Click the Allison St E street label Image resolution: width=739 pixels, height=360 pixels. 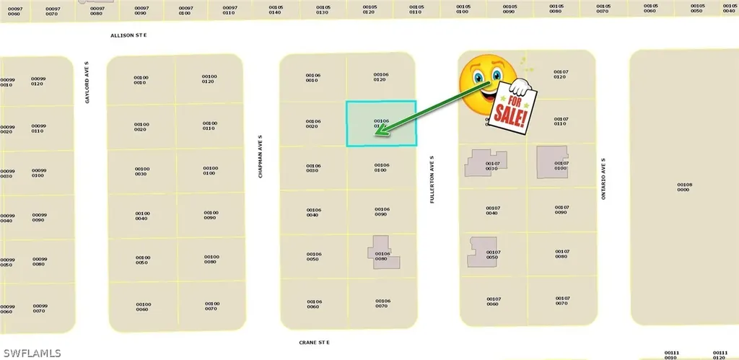pyautogui.click(x=128, y=35)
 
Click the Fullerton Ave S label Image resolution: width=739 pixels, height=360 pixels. pyautogui.click(x=432, y=179)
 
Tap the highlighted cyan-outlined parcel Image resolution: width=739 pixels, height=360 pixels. pyautogui.click(x=381, y=123)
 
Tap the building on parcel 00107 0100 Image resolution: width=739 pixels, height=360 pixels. pyautogui.click(x=551, y=162)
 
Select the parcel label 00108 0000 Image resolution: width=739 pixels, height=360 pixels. pyautogui.click(x=684, y=187)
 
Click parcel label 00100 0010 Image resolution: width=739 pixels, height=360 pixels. pyautogui.click(x=141, y=80)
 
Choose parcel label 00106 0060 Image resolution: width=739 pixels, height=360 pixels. pyautogui.click(x=313, y=304)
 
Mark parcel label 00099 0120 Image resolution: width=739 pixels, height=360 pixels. pyautogui.click(x=38, y=81)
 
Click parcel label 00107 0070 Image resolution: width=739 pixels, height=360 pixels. pyautogui.click(x=562, y=301)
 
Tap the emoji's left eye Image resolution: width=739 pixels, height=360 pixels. pyautogui.click(x=476, y=75)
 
